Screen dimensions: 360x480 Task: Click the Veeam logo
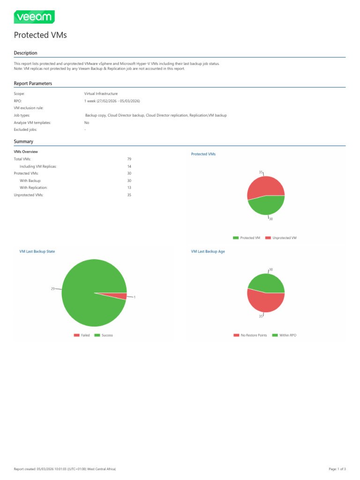[x=34, y=17]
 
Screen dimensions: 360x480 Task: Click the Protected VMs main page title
[x=40, y=35]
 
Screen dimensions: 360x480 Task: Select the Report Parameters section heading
[x=33, y=83]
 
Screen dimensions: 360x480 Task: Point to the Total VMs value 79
[x=129, y=159]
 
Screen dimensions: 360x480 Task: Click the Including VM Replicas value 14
[x=129, y=166]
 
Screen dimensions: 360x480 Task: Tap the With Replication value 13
[x=129, y=187]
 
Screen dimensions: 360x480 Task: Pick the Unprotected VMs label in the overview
[x=29, y=195]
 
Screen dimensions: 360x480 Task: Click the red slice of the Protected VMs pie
[x=265, y=186]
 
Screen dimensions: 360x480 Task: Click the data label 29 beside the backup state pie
[x=52, y=289]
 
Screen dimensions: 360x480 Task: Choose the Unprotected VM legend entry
[x=281, y=238]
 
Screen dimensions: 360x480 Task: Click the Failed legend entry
[x=82, y=335]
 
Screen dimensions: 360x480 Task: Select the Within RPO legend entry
[x=284, y=335]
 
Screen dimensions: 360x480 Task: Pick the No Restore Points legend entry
[x=250, y=335]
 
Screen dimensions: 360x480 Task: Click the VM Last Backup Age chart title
[x=208, y=251]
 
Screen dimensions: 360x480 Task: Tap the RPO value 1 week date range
[x=112, y=101]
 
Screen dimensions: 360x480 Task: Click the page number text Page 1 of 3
[x=337, y=469]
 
